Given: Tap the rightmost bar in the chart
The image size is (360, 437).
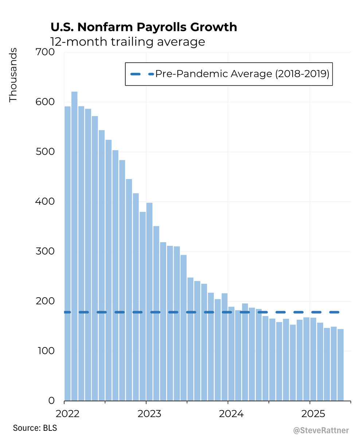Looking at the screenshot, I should coord(340,364).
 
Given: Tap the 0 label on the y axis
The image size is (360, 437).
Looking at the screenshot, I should coord(51,401).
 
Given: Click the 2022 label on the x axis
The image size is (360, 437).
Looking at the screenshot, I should coord(64,414).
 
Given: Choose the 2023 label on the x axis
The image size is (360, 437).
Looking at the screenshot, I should coord(146,414).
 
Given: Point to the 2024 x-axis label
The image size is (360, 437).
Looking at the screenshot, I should coord(228,414).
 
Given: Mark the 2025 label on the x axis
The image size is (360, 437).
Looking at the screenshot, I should coord(309,414).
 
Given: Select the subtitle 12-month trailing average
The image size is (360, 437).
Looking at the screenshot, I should coord(128,42).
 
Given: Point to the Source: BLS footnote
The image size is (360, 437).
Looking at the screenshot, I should coord(35,428).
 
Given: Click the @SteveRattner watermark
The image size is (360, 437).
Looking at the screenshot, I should coord(321,430).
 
